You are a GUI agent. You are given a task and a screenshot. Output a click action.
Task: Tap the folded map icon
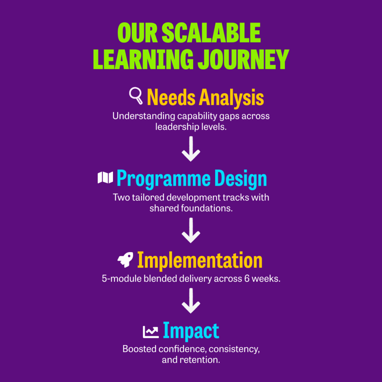[105, 177]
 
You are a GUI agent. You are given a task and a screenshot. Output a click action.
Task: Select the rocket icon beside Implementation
[125, 260]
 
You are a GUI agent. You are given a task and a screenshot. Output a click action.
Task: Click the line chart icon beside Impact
[151, 332]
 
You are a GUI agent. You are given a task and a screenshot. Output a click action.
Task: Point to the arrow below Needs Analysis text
[191, 148]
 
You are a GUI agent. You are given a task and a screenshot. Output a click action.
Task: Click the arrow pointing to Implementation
[191, 230]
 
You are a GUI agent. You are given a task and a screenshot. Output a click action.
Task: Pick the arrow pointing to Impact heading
[191, 301]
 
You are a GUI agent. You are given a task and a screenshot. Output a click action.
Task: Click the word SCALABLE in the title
[211, 33]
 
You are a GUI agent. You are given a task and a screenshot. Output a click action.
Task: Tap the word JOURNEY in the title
[243, 59]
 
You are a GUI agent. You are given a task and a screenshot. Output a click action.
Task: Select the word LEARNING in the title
[143, 59]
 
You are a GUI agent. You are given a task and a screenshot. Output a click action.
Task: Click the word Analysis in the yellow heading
[231, 98]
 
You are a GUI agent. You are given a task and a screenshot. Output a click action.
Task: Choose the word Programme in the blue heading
[163, 179]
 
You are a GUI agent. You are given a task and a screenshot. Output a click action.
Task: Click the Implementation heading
[200, 261]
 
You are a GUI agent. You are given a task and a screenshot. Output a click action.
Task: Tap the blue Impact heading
[191, 331]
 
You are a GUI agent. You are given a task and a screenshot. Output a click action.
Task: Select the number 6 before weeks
[247, 278]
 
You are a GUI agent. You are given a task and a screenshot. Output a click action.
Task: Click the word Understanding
[144, 116]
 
